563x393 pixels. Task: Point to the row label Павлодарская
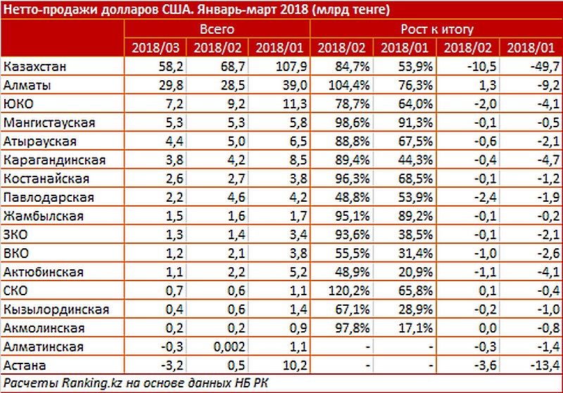tap(48, 198)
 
